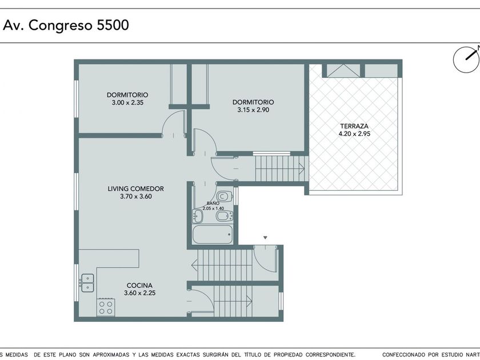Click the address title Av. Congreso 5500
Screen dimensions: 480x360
click(x=66, y=25)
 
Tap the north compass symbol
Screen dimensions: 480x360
click(x=466, y=59)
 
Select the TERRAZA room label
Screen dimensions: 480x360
click(x=354, y=126)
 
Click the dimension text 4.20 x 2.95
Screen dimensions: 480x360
click(x=354, y=134)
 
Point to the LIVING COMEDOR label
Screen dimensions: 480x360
click(x=135, y=189)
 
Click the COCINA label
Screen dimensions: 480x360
click(x=139, y=285)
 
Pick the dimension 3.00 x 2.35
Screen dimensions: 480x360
click(x=127, y=102)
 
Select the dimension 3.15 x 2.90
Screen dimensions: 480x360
click(x=253, y=110)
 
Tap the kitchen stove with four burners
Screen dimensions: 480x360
click(x=106, y=307)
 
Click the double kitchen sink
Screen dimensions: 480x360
click(x=87, y=283)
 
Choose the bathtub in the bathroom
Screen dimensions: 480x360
click(x=213, y=234)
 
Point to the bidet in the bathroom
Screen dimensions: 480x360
click(x=225, y=217)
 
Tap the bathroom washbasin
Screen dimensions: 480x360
click(x=198, y=217)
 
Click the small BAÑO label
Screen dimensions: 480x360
click(x=213, y=203)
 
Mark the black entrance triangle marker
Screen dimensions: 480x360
click(x=265, y=238)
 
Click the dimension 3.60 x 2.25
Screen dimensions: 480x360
click(x=139, y=293)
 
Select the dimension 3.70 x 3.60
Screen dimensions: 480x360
click(x=136, y=197)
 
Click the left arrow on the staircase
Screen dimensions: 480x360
click(x=194, y=265)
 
